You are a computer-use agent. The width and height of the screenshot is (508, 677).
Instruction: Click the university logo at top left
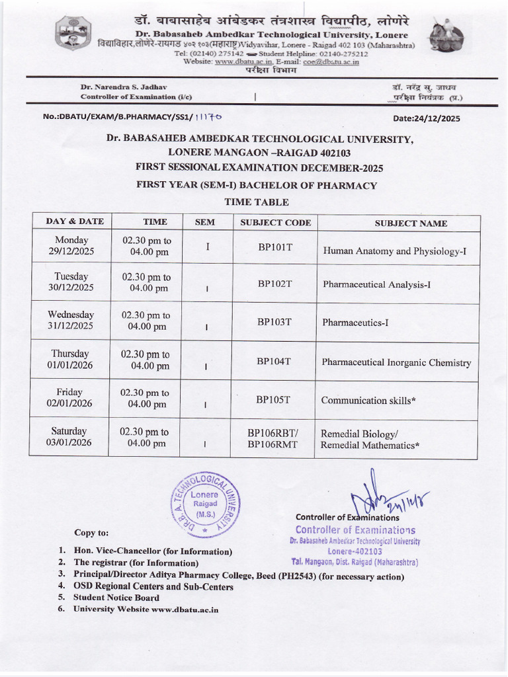point(70,34)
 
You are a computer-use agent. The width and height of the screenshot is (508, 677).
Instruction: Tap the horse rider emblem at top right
point(442,35)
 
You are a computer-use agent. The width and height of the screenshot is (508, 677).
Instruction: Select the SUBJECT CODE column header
point(275,223)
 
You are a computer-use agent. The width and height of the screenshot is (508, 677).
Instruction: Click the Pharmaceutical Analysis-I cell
point(377,284)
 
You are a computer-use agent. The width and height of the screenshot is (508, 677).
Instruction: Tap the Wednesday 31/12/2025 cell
point(71,321)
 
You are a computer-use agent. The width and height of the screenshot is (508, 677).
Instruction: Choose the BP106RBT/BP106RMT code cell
point(273,439)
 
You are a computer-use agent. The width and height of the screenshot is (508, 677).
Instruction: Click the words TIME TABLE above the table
point(257,202)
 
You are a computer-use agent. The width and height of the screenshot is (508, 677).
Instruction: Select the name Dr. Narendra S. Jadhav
point(124,87)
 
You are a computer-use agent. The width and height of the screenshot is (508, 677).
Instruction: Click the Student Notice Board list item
point(116,598)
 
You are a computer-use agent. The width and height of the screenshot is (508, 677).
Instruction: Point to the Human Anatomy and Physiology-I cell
point(395,251)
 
